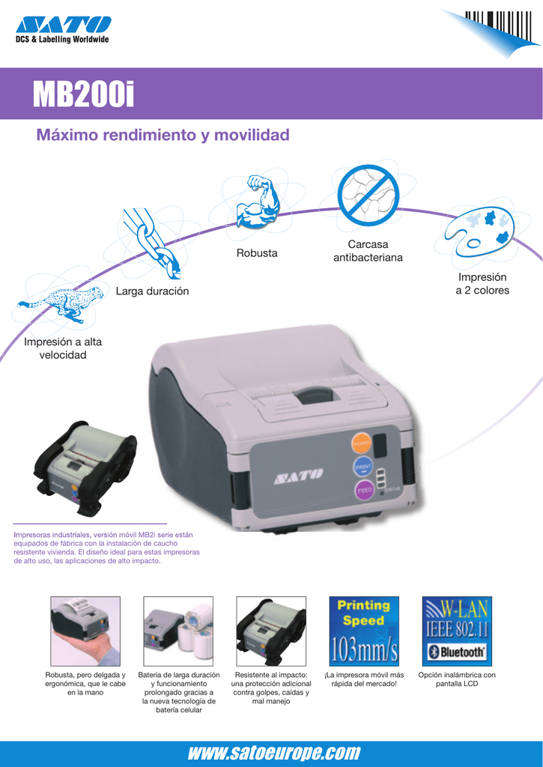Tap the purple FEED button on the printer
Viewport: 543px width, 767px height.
[362, 490]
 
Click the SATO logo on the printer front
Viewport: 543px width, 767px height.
[298, 474]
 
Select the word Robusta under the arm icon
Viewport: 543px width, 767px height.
[257, 253]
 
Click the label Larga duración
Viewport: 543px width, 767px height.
[152, 291]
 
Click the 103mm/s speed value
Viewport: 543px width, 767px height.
[364, 649]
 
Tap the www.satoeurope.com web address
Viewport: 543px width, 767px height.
[274, 752]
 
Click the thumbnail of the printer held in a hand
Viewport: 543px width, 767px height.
[85, 631]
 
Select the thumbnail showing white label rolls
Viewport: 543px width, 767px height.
[178, 631]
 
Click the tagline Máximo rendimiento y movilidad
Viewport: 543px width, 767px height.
[163, 135]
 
